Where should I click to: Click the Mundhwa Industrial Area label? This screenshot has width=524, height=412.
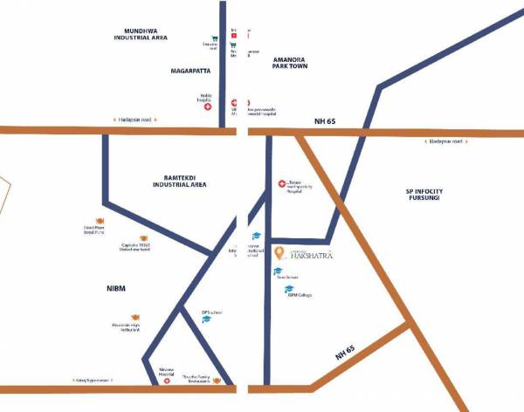(147, 33)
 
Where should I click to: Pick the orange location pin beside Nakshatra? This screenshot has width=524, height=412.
(279, 253)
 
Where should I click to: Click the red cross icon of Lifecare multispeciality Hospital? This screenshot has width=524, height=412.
(281, 183)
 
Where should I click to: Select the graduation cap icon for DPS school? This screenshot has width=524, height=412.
(207, 320)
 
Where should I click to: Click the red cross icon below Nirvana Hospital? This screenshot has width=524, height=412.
(166, 381)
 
